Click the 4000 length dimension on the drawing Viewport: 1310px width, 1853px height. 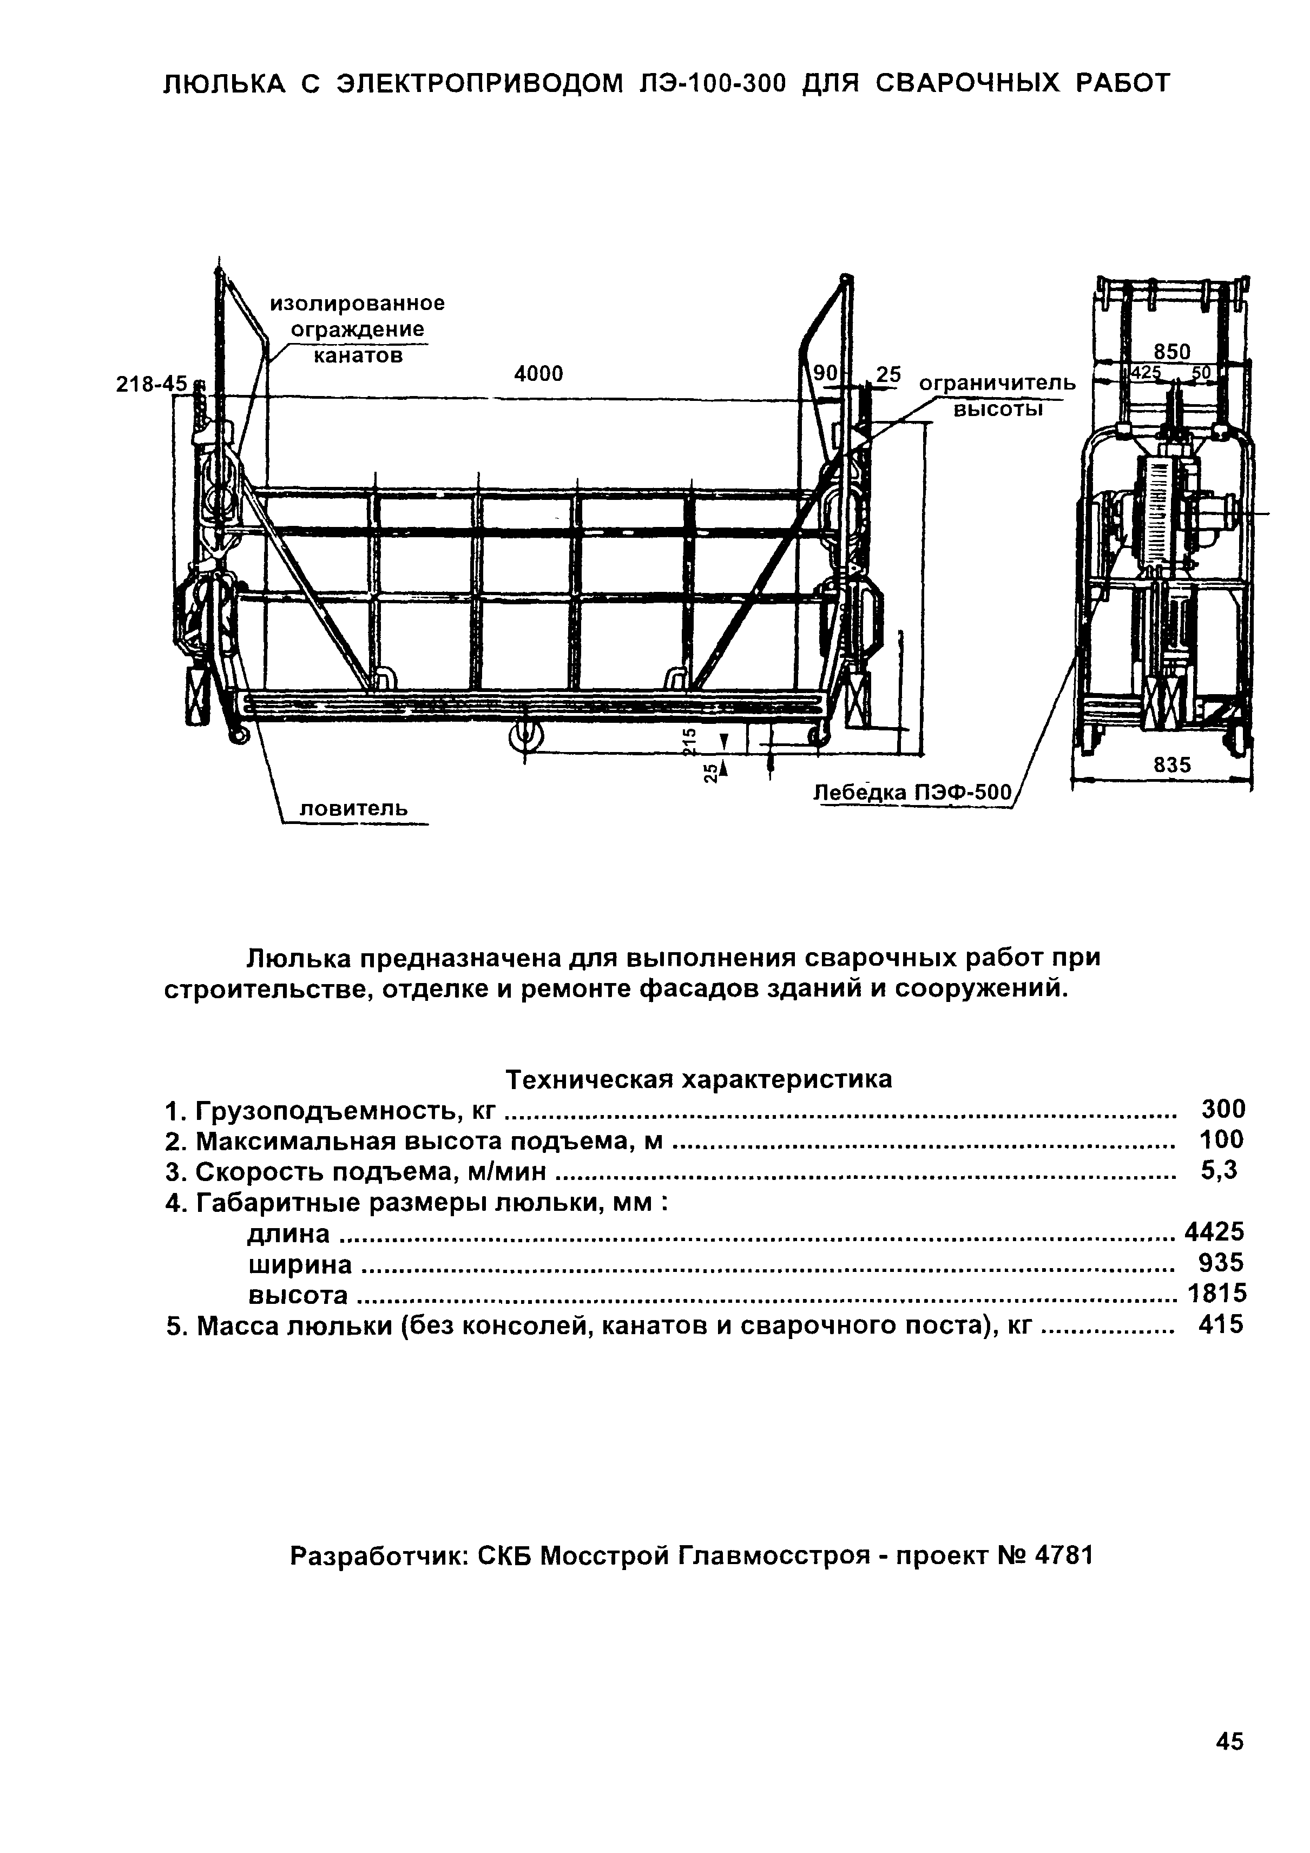pyautogui.click(x=538, y=374)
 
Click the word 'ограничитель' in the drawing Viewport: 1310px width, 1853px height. pyautogui.click(x=998, y=384)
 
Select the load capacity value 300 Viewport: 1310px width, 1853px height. pyautogui.click(x=1223, y=1109)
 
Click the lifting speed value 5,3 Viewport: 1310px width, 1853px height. pyautogui.click(x=1219, y=1170)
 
